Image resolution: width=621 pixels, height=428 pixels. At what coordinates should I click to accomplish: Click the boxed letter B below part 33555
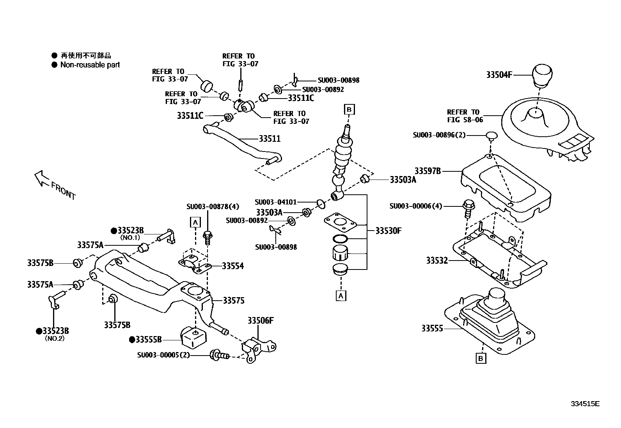(481, 358)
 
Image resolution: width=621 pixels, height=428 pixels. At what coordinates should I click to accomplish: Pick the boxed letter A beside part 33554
(195, 222)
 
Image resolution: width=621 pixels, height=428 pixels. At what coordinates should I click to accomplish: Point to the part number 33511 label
(270, 139)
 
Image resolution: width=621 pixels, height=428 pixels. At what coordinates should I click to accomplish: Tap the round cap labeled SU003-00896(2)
(491, 136)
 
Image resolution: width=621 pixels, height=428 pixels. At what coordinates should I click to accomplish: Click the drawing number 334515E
(585, 404)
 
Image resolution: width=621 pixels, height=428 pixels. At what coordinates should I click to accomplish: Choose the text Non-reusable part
(90, 65)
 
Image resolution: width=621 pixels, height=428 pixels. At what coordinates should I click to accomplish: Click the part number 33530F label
(389, 231)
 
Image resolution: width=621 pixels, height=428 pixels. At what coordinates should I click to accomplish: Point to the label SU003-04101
(275, 202)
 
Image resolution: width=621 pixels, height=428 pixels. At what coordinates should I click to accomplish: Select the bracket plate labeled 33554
(194, 264)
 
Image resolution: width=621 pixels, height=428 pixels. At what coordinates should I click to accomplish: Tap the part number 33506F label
(260, 321)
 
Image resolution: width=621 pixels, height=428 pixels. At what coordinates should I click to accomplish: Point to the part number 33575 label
(234, 301)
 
